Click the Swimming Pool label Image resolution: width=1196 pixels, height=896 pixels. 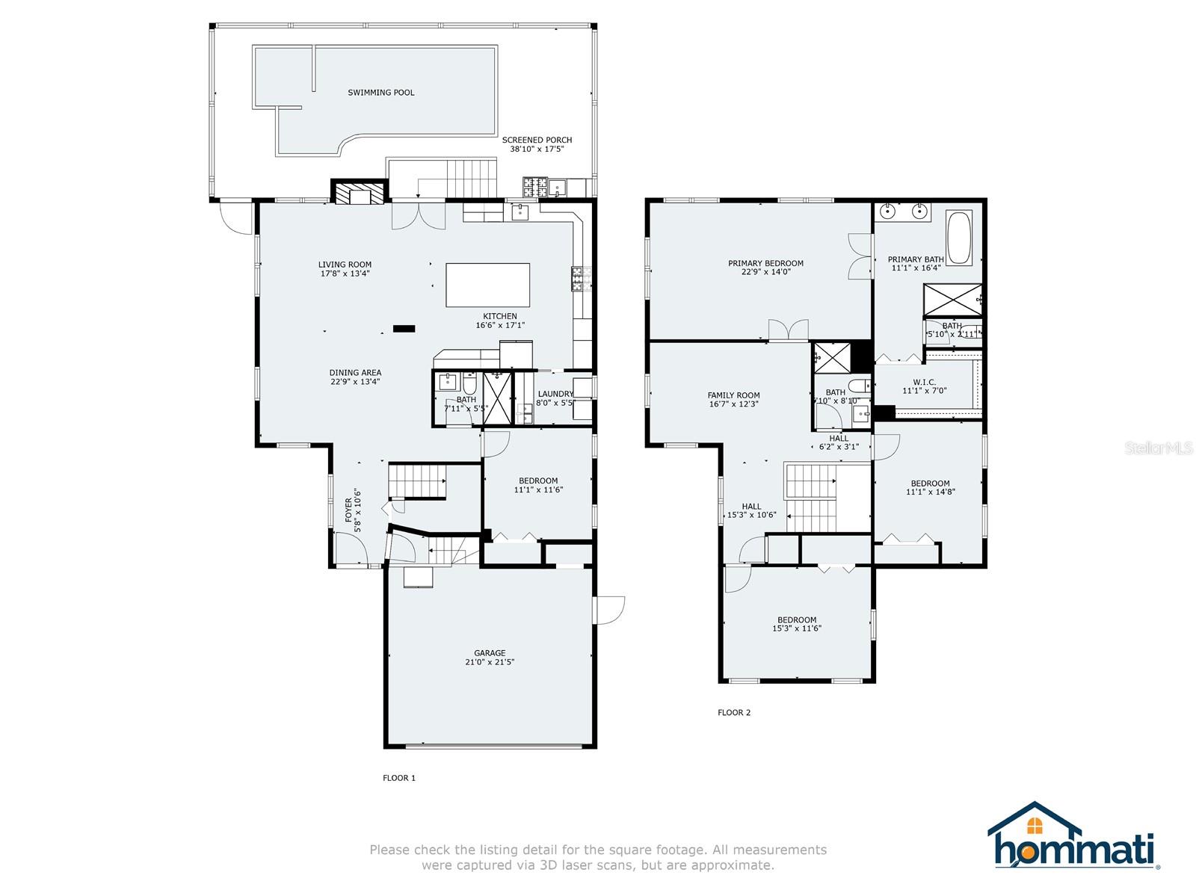(380, 93)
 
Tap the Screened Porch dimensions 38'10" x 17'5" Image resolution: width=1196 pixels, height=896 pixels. (537, 149)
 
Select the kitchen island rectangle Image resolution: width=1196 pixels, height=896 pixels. (487, 285)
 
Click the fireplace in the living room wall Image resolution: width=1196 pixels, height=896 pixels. (360, 193)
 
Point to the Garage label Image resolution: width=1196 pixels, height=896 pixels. (490, 653)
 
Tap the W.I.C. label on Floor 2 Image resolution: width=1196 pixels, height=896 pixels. (924, 383)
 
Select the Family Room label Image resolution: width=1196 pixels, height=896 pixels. (733, 396)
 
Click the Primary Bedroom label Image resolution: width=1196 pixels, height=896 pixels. (765, 263)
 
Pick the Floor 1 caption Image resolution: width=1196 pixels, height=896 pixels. (399, 778)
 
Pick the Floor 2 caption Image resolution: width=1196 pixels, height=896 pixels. (734, 713)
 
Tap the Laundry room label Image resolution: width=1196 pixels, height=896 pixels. (555, 395)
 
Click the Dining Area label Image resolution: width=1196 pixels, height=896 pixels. (355, 373)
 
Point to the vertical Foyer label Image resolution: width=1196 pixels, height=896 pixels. (348, 510)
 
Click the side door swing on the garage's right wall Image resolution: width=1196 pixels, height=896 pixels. (610, 609)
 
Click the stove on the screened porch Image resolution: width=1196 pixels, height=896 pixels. (534, 186)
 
